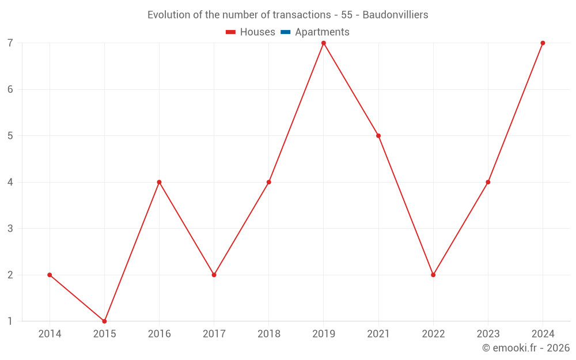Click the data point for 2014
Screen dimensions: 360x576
coord(50,275)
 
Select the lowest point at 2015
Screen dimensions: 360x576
coord(104,321)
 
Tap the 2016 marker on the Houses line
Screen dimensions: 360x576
coord(159,182)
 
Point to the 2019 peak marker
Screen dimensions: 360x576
coord(324,43)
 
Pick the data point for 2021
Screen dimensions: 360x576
coord(378,136)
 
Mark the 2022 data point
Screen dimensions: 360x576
coord(433,275)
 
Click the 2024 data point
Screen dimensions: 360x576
coord(543,43)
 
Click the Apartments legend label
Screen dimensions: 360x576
coord(322,32)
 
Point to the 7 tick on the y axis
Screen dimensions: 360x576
coord(10,43)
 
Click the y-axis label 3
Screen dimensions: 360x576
coord(10,229)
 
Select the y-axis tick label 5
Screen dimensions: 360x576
coord(10,136)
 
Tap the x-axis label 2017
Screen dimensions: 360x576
coord(214,334)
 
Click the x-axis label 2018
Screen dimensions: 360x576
coord(268,334)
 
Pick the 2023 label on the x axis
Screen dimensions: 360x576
coord(488,334)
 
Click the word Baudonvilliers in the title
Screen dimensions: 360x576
coord(395,15)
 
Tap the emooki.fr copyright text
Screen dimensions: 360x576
coord(526,348)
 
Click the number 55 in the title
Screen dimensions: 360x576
coord(347,15)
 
